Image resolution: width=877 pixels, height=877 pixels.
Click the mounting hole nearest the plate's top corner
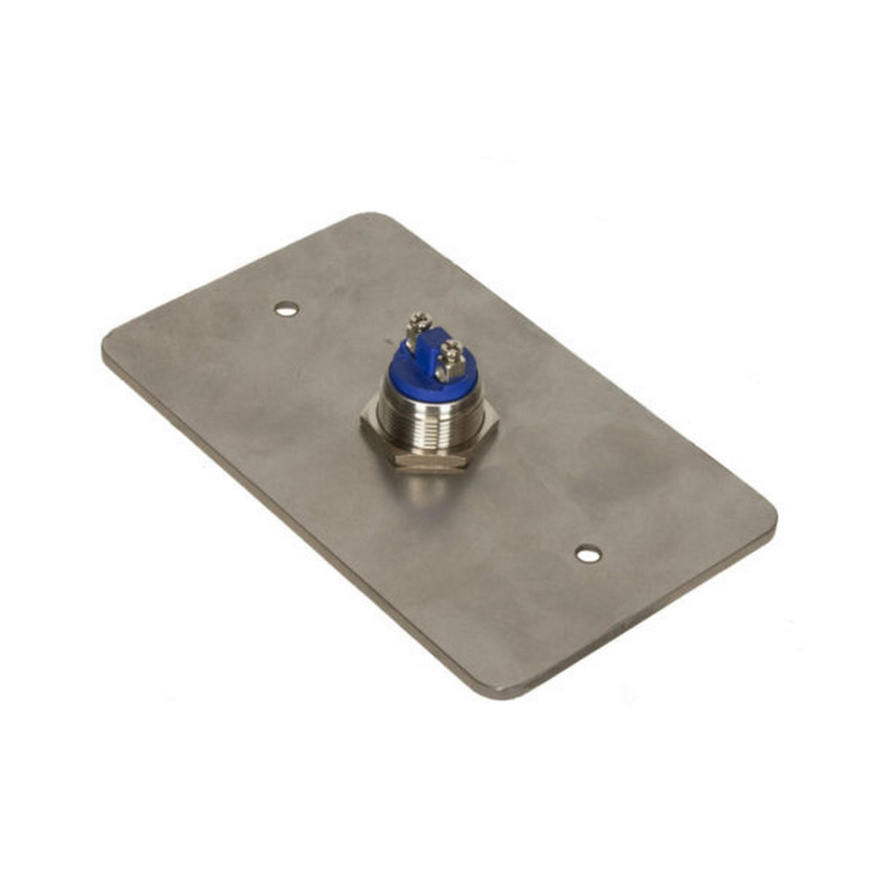[287, 309]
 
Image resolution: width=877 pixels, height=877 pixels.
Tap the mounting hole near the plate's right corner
[589, 554]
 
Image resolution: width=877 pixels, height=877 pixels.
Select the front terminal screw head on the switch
[453, 352]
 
